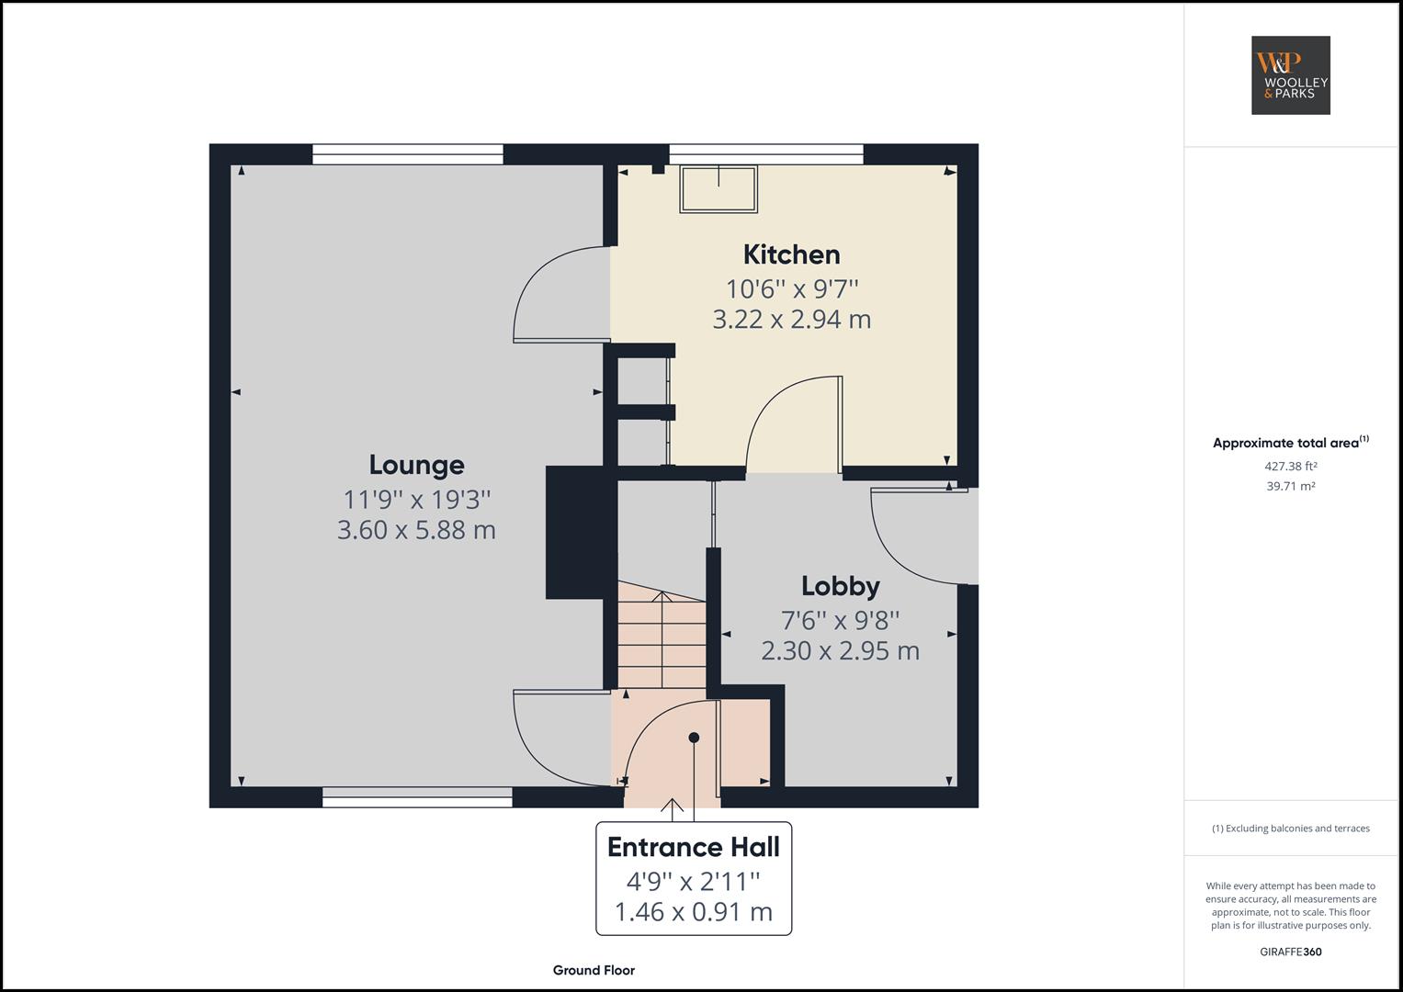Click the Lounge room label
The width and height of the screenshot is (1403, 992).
[416, 465]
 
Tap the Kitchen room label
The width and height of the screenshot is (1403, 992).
[791, 254]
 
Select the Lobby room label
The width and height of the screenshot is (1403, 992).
[840, 586]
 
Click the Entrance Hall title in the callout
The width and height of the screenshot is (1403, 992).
[693, 847]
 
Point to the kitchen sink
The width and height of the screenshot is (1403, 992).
[718, 189]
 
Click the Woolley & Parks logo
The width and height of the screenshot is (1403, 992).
[1290, 75]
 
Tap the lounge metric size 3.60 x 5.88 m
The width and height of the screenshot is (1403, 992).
[416, 531]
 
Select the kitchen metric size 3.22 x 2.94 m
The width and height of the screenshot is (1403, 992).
[791, 320]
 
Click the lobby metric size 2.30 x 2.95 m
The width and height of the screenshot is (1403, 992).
[840, 651]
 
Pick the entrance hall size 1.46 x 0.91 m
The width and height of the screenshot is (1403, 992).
[693, 912]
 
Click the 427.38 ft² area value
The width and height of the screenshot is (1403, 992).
[1290, 467]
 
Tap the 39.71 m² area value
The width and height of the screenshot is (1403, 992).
[1290, 487]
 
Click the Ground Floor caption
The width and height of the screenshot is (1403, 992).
[594, 970]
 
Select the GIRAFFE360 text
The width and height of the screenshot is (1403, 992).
[1290, 952]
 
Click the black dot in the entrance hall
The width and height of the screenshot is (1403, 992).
[694, 738]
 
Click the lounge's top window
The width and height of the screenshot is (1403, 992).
[408, 154]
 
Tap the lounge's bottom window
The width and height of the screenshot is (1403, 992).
[417, 797]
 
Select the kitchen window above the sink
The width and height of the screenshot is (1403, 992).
[766, 154]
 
